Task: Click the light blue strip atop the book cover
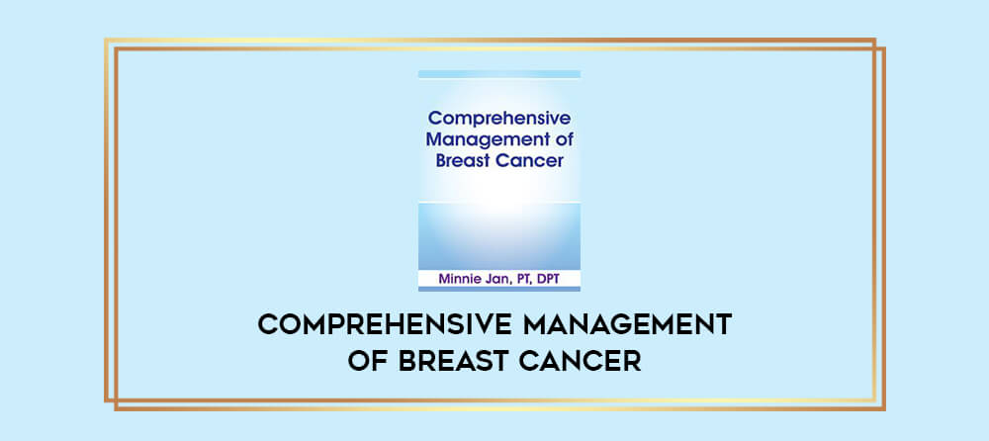pyautogui.click(x=498, y=74)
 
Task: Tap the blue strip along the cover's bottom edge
pyautogui.click(x=498, y=289)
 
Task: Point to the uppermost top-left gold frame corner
pyautogui.click(x=106, y=40)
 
